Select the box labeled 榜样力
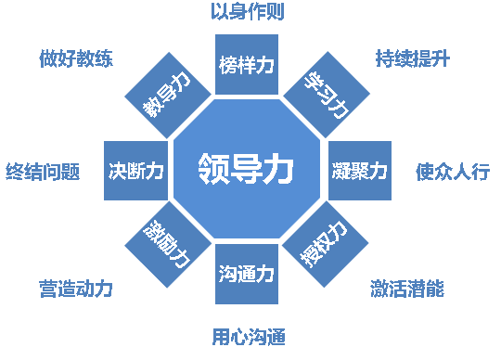pyautogui.click(x=247, y=66)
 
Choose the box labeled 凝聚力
pyautogui.click(x=359, y=171)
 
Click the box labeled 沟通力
pyautogui.click(x=247, y=275)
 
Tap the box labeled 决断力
pyautogui.click(x=135, y=171)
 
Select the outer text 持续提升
pyautogui.click(x=413, y=58)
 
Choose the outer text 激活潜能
pyautogui.click(x=406, y=289)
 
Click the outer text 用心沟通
pyautogui.click(x=248, y=335)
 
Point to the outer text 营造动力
pyautogui.click(x=76, y=289)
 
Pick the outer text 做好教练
pyautogui.click(x=76, y=58)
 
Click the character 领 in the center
pyautogui.click(x=214, y=170)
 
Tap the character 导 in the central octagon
pyautogui.click(x=247, y=170)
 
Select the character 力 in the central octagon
pyautogui.click(x=278, y=170)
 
